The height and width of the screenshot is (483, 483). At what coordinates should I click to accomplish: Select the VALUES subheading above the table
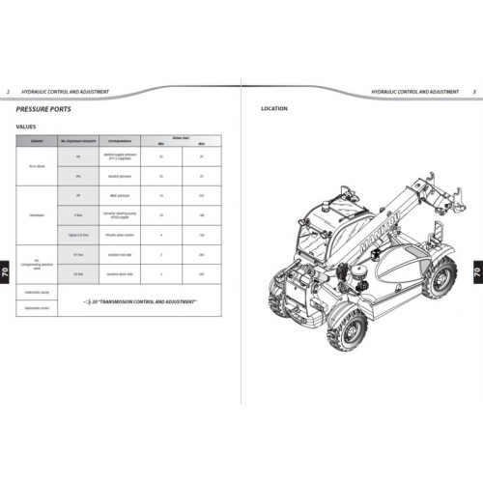[x=26, y=128]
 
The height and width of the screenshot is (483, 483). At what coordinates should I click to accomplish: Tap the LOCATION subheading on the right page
[x=274, y=109]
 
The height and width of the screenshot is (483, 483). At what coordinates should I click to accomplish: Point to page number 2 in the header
[x=10, y=91]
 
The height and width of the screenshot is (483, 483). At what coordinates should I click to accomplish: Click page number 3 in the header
[x=473, y=91]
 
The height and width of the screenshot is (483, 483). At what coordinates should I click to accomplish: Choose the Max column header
[x=201, y=145]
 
